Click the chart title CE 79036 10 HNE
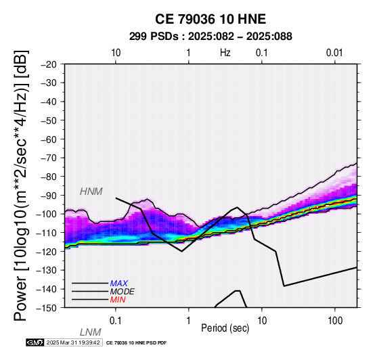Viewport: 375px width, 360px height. [x=211, y=19]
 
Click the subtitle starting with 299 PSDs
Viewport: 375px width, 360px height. [x=211, y=37]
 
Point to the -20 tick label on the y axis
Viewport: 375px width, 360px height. [x=49, y=64]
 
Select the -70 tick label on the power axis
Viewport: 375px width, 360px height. [x=49, y=158]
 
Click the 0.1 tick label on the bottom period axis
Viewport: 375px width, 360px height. [x=116, y=321]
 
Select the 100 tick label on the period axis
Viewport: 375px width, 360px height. [x=335, y=321]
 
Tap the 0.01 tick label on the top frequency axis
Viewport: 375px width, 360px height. [x=334, y=53]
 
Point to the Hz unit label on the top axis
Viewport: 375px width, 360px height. [x=225, y=53]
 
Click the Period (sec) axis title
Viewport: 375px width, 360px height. [x=225, y=328]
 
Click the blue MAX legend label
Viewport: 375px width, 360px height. [x=119, y=284]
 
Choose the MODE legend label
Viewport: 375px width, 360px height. [x=123, y=292]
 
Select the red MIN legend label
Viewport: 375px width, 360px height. [x=118, y=300]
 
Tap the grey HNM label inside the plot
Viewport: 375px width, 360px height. [x=91, y=192]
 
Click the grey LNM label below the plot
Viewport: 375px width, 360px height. [x=91, y=332]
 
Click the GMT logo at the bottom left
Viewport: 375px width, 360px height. [x=35, y=342]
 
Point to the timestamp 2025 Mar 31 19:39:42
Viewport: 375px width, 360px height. [x=73, y=342]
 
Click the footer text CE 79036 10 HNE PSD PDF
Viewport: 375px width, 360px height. [x=136, y=343]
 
